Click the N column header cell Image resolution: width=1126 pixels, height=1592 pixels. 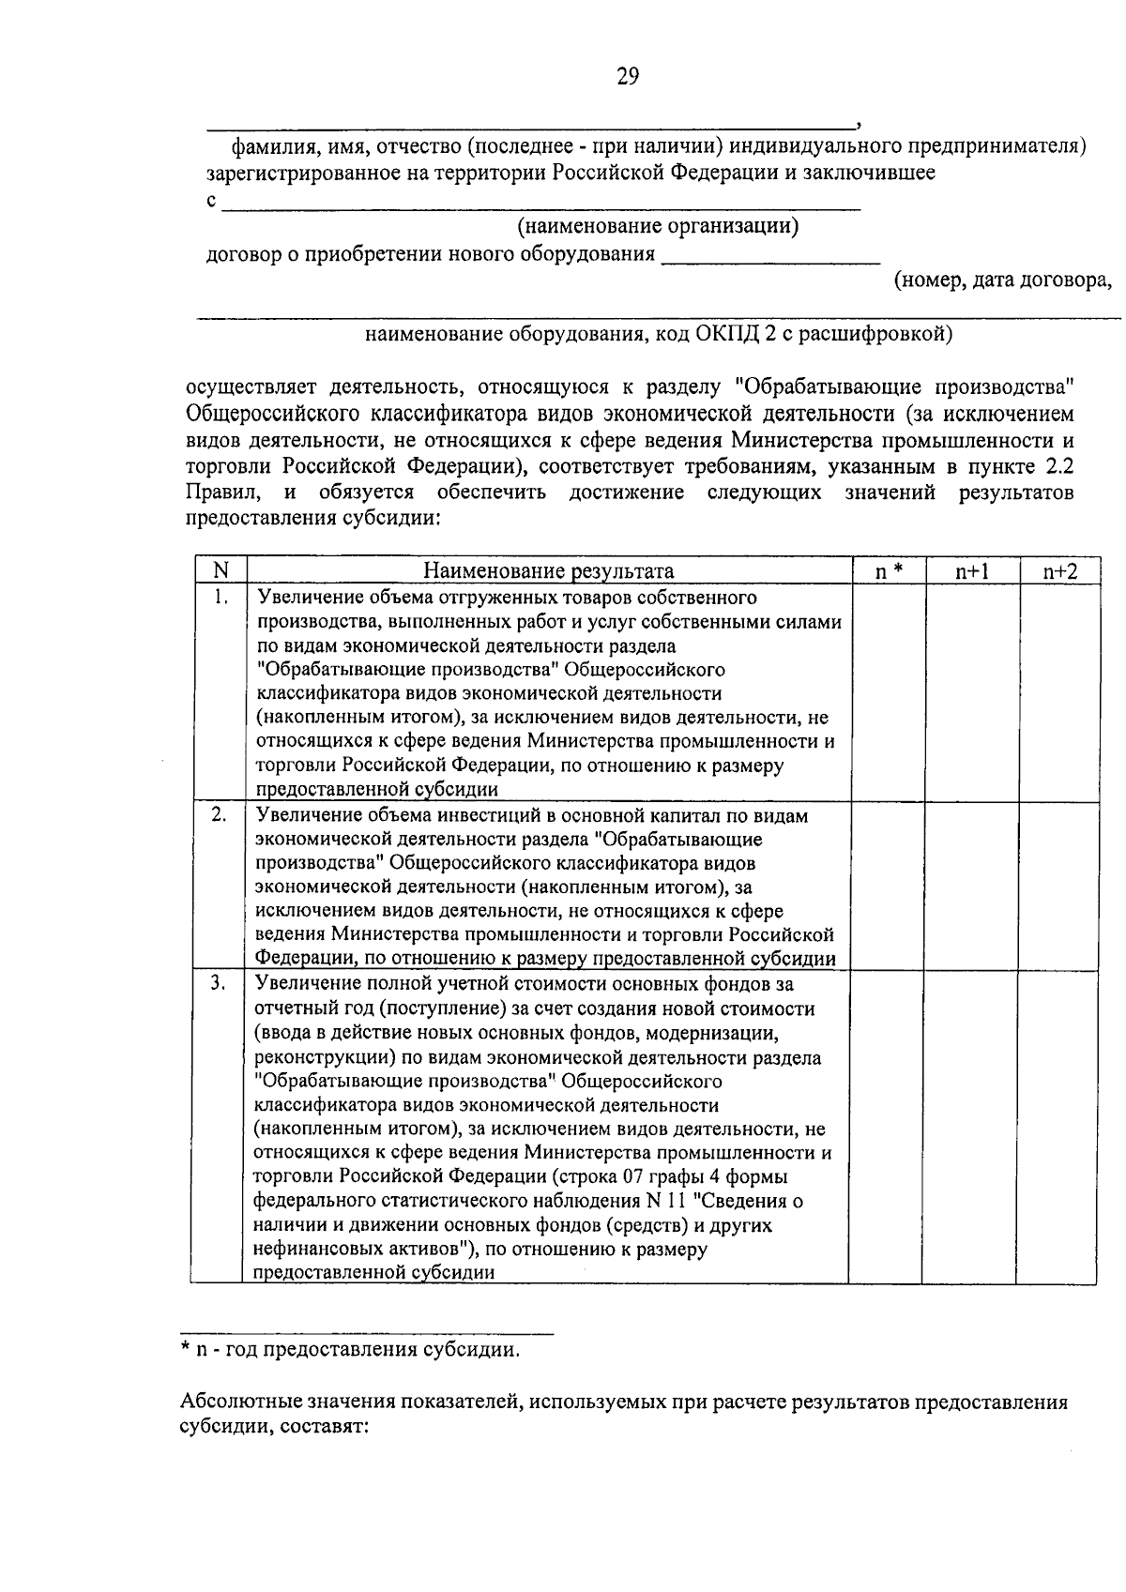point(221,570)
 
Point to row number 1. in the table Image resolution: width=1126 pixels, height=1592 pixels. point(220,598)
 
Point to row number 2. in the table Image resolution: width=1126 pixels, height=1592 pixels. point(219,815)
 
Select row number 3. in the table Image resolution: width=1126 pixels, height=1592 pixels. point(218,983)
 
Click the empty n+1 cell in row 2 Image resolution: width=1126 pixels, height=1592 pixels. point(971,885)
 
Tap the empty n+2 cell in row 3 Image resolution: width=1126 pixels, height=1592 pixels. point(1057,1126)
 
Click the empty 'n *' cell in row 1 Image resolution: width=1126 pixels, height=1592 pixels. point(888,691)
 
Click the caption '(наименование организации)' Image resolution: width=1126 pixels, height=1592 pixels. point(659,226)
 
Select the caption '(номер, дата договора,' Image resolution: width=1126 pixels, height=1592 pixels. point(1002,280)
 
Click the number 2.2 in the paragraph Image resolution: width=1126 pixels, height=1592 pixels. point(1058,467)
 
